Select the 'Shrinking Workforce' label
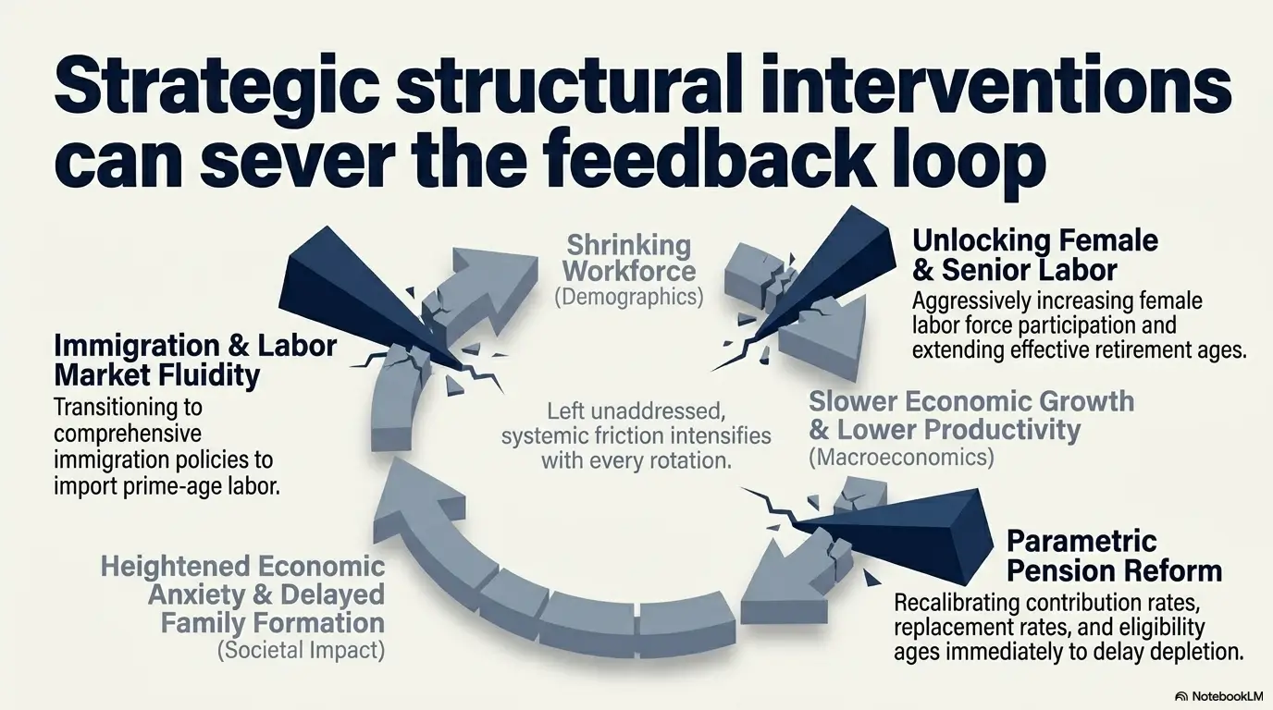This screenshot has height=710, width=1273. [630, 258]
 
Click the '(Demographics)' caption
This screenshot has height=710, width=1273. [629, 297]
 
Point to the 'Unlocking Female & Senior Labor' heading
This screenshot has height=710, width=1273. [1035, 255]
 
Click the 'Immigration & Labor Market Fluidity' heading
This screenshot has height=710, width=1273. [195, 361]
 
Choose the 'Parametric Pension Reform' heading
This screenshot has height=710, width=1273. [1114, 556]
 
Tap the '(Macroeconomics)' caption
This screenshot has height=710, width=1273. [901, 458]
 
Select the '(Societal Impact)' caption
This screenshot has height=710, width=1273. [301, 650]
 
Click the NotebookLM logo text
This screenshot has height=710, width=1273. [1227, 696]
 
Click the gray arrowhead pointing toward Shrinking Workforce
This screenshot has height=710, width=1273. [495, 275]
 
